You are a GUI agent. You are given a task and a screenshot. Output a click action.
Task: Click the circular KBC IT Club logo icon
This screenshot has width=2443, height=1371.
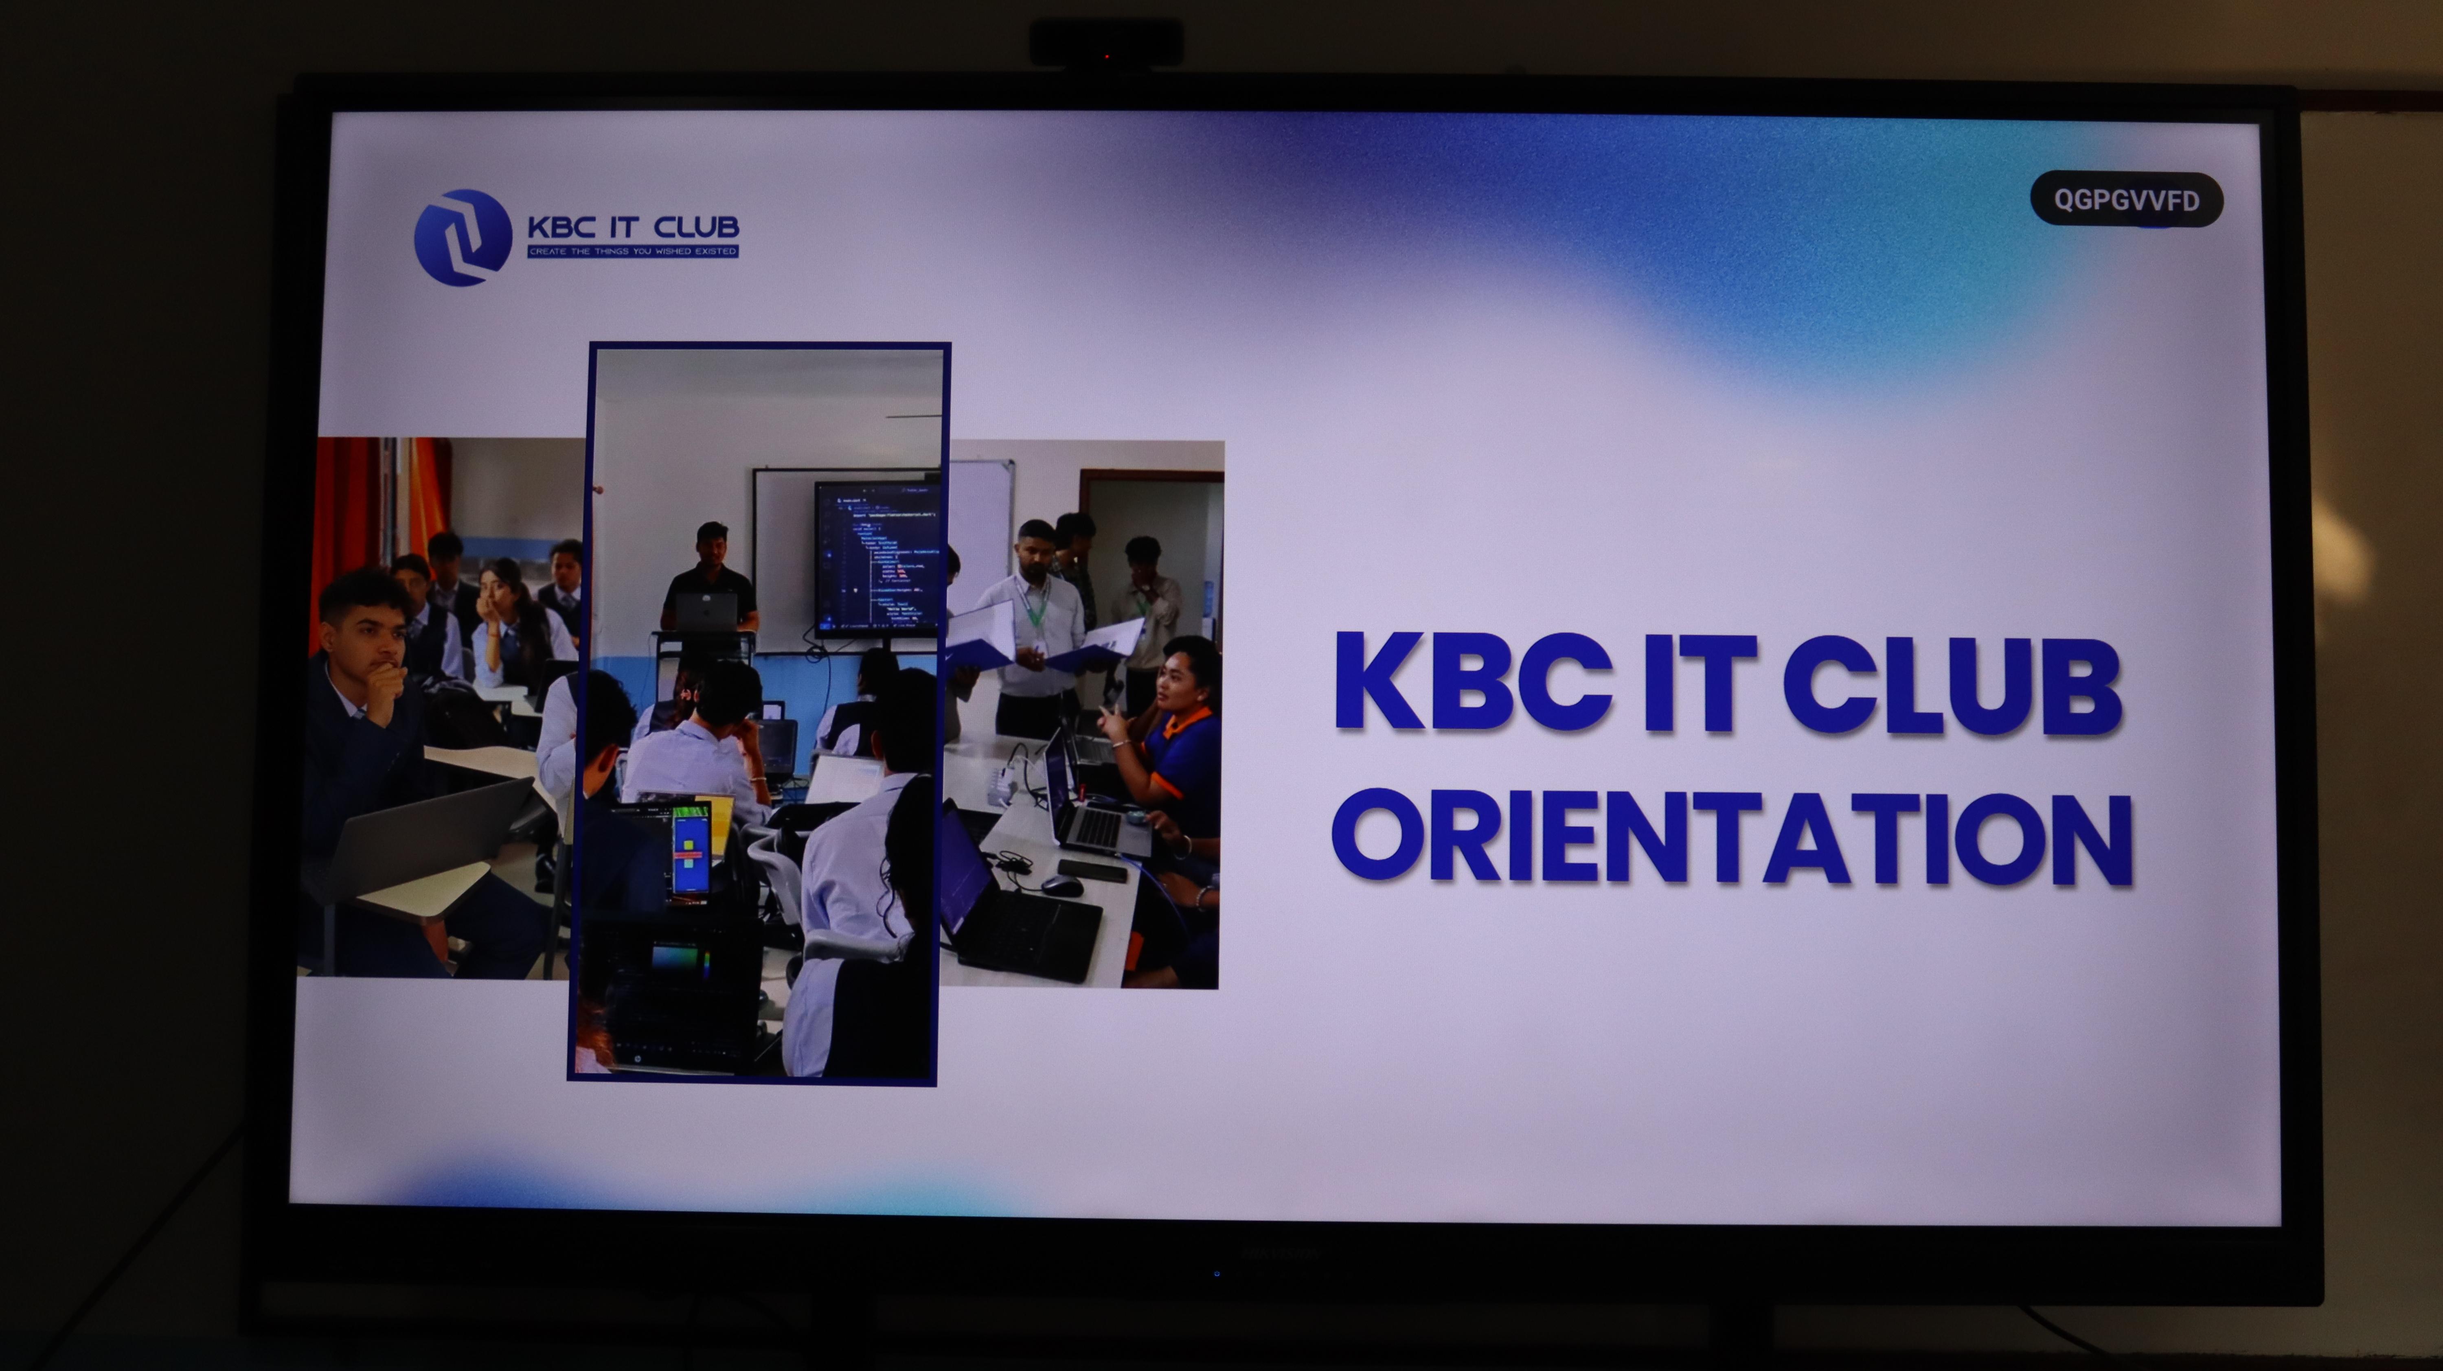point(463,237)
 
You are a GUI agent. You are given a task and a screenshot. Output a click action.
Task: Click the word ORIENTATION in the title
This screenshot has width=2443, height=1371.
point(1732,838)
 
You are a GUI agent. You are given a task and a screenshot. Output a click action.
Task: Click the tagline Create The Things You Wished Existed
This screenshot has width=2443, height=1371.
point(633,251)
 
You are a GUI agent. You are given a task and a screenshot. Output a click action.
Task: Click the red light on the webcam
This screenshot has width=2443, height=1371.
point(1107,57)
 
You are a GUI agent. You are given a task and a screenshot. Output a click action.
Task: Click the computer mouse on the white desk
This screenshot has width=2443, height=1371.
point(1061,885)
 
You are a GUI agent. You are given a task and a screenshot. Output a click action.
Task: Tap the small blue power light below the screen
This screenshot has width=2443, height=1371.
point(1217,1273)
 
